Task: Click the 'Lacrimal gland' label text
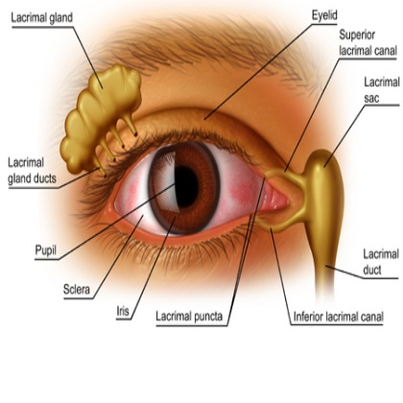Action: point(42,18)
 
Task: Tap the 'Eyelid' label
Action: point(324,15)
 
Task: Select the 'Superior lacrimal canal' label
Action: point(367,42)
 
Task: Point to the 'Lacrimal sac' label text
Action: point(382,90)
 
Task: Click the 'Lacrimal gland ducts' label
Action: point(32,171)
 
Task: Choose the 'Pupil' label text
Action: point(46,250)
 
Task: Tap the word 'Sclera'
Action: point(77,290)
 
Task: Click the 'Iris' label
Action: point(123,311)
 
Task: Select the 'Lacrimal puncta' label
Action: point(189,317)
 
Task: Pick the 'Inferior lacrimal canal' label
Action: point(339,317)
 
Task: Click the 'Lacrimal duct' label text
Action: point(381,262)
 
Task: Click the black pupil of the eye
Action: point(187,187)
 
